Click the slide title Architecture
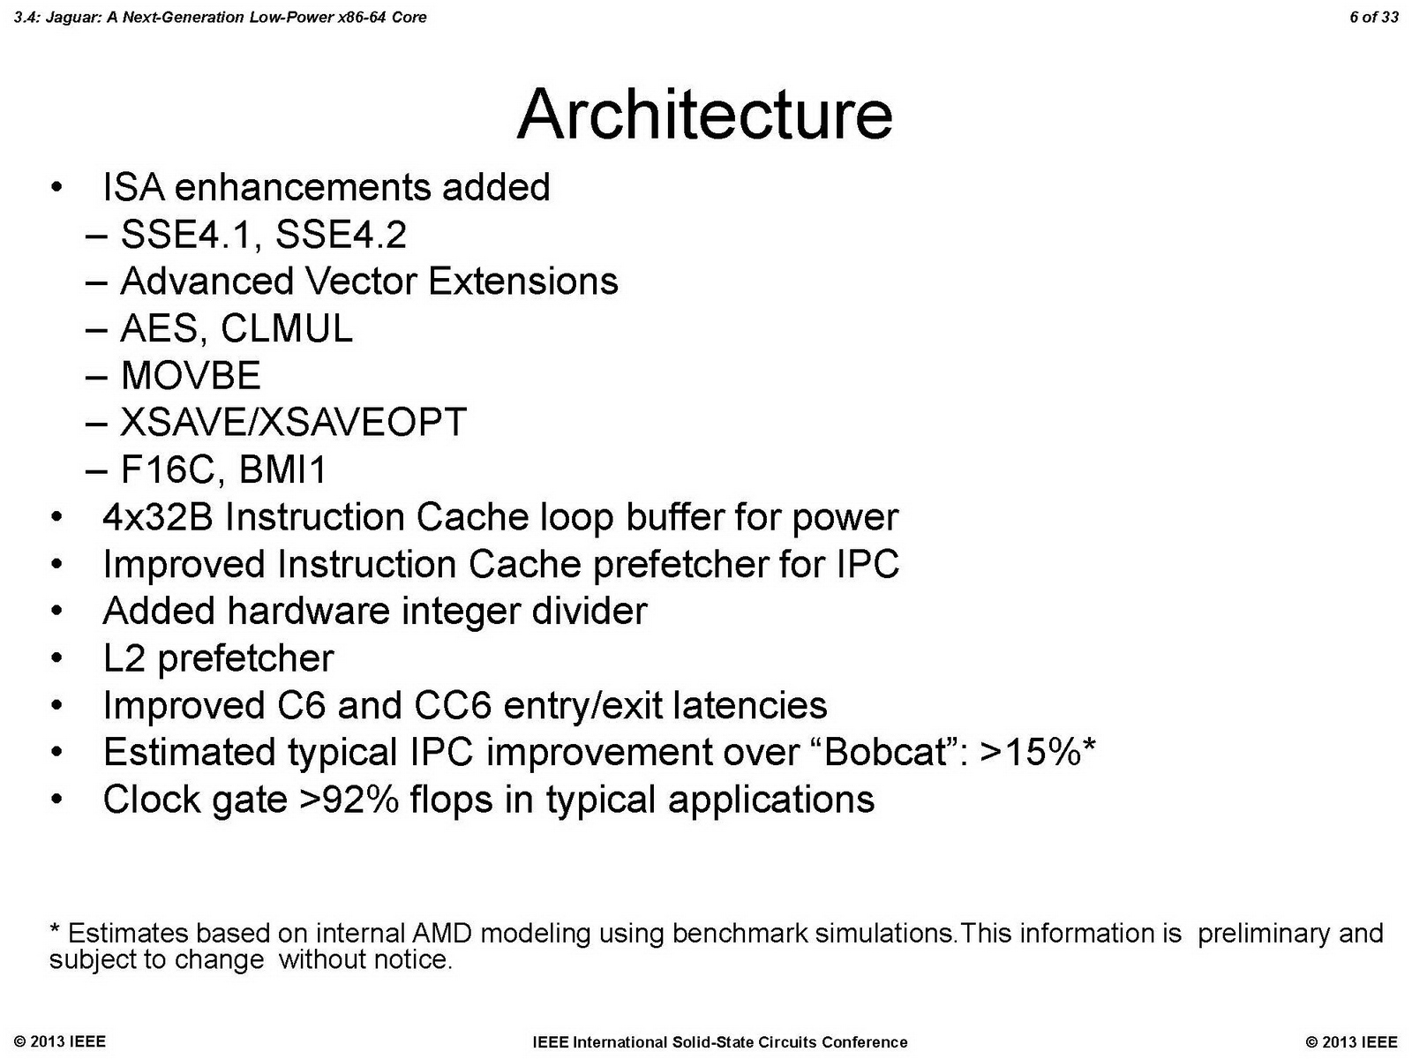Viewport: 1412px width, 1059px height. coord(704,115)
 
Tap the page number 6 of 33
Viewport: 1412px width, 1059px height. coord(1373,17)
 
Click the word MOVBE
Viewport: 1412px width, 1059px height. coord(191,376)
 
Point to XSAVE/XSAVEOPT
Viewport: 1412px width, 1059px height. coord(293,423)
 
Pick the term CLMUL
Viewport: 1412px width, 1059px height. coord(286,329)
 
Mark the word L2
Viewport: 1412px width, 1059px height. coord(124,658)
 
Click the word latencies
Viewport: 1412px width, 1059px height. coord(749,706)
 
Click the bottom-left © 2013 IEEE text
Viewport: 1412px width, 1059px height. coord(60,1041)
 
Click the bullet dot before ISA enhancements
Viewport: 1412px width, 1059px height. coord(57,188)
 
